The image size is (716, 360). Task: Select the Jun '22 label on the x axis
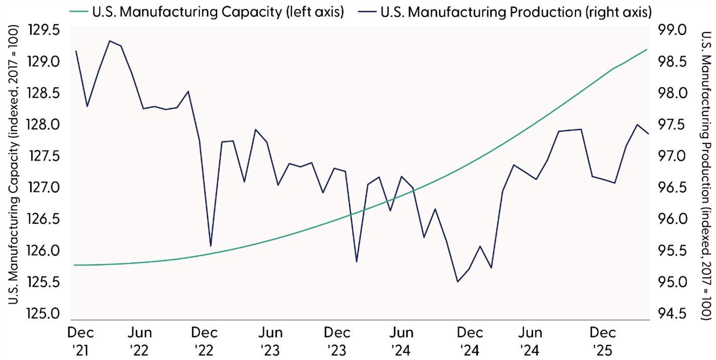click(141, 340)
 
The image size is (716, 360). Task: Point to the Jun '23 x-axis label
click(270, 340)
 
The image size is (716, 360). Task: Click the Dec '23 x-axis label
click(336, 340)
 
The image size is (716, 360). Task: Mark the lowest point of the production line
click(457, 282)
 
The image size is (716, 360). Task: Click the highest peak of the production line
click(110, 41)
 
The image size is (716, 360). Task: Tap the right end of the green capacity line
click(647, 49)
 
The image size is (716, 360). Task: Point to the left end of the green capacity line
click(74, 265)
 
